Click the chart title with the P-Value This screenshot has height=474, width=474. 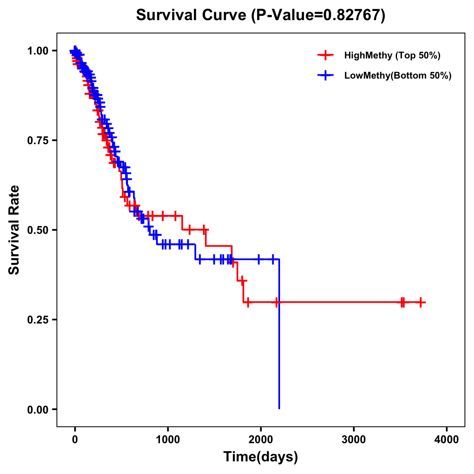[261, 15]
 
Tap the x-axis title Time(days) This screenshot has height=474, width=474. [261, 457]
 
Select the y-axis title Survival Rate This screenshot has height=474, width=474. [14, 229]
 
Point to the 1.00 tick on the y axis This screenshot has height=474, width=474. [38, 51]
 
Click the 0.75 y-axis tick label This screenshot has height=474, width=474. [38, 140]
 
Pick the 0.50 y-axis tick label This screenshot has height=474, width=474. [38, 230]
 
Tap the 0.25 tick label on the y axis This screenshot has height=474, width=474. [38, 320]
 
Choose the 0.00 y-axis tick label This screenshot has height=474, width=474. [38, 409]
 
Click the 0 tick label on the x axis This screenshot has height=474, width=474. [75, 440]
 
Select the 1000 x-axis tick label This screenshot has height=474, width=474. [168, 440]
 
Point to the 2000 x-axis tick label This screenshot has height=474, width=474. [261, 440]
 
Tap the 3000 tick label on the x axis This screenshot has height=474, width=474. [354, 440]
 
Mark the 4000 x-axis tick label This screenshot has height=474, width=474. [447, 440]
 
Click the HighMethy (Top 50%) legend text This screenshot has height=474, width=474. [392, 55]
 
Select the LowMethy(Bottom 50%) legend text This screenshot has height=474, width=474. [398, 75]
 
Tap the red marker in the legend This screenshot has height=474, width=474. [325, 55]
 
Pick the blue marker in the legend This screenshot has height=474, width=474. [325, 75]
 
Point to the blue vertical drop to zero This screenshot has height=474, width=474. [279, 336]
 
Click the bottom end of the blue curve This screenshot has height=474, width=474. [279, 408]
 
